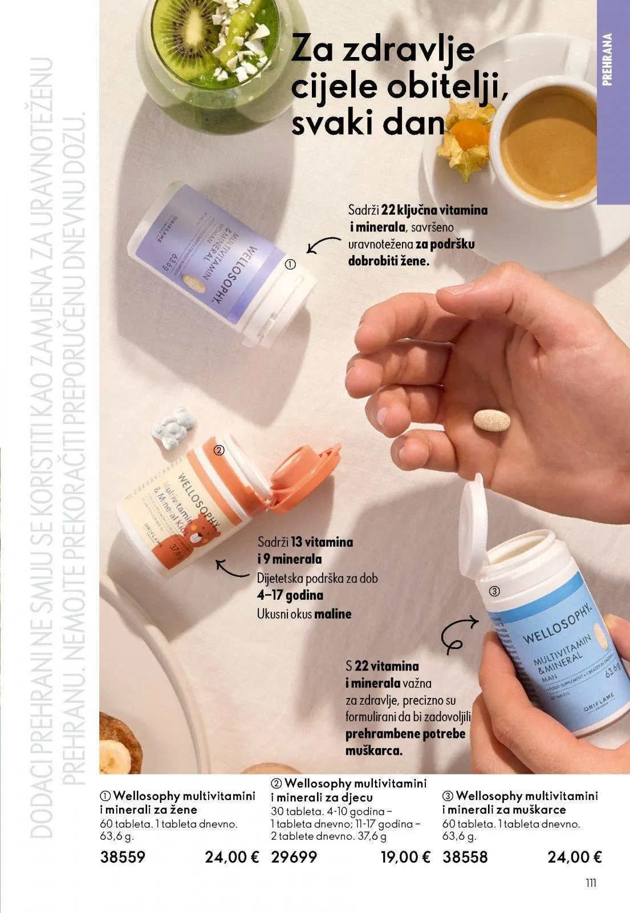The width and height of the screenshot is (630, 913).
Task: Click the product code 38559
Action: point(123,857)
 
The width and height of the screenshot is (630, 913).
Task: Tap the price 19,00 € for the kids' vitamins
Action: point(405,857)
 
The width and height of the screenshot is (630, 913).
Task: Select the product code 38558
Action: point(465,857)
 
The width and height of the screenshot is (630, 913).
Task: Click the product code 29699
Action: point(294,857)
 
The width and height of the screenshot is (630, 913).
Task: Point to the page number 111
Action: point(591,883)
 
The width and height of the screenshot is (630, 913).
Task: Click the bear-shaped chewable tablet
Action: point(175,426)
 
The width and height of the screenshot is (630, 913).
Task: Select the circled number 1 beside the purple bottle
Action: point(291,265)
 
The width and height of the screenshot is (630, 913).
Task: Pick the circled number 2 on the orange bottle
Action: point(218,451)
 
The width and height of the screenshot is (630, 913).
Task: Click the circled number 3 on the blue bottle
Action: point(495,591)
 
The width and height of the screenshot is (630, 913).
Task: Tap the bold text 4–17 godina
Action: point(290,596)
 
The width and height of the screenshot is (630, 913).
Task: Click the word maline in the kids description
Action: point(332,614)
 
